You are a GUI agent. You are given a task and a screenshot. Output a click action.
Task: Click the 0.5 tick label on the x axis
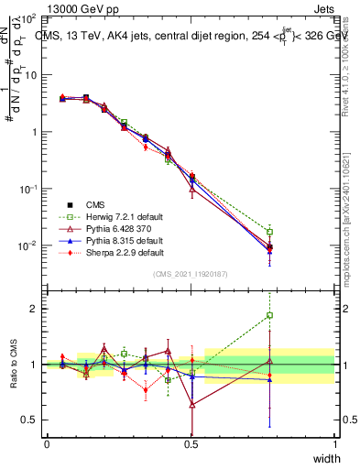[x=191, y=444]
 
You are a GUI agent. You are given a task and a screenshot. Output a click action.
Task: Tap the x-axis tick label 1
[x=334, y=444]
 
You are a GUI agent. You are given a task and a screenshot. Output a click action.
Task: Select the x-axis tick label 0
[x=47, y=444]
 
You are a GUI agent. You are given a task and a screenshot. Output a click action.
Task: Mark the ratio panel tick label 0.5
[x=30, y=420]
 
